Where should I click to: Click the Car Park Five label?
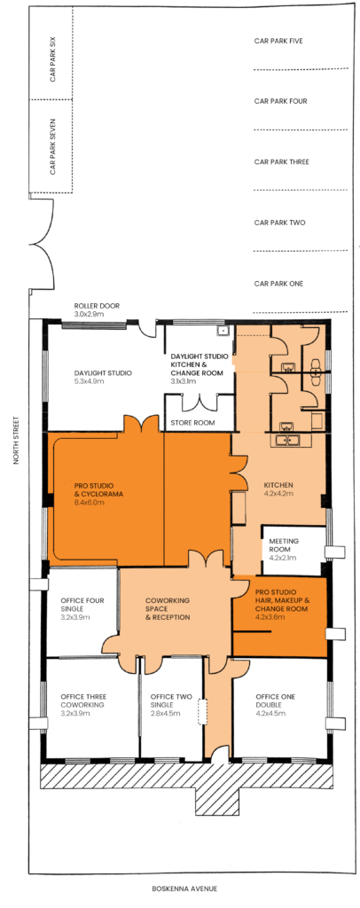pos(279,41)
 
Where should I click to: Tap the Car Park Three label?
pos(281,161)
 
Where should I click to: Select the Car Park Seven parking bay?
pos(52,146)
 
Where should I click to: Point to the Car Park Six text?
pos(52,59)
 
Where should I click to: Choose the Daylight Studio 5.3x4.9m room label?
pos(96,377)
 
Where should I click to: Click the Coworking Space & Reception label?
pos(168,609)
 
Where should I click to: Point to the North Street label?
pos(19,442)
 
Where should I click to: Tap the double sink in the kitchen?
pos(287,441)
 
